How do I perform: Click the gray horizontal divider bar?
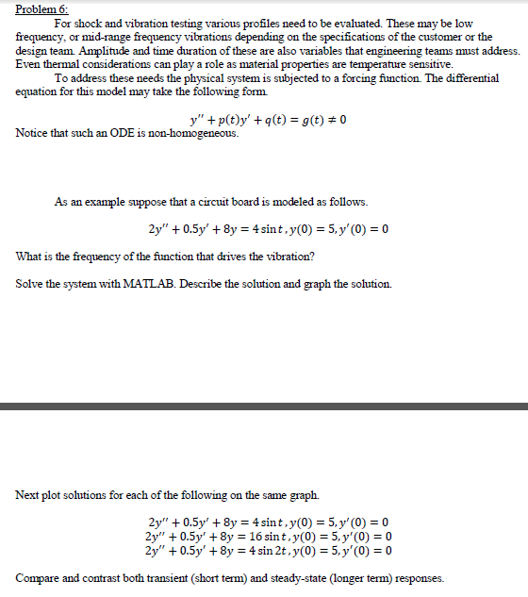click(264, 406)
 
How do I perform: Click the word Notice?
click(34, 133)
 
